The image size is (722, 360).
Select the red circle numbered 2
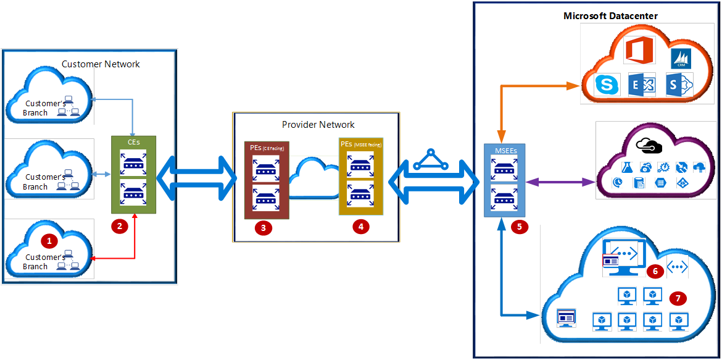click(119, 227)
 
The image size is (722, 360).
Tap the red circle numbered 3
click(263, 227)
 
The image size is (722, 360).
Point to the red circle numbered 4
click(360, 227)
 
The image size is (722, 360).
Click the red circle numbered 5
click(519, 227)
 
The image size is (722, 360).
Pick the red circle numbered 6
click(655, 270)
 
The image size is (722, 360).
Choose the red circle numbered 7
click(678, 298)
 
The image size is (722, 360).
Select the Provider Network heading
click(318, 125)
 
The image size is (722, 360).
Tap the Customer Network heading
click(101, 64)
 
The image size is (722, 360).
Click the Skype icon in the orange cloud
click(607, 85)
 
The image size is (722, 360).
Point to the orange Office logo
click(638, 50)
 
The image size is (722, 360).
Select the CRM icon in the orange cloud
click(680, 59)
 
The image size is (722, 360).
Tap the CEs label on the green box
click(133, 143)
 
